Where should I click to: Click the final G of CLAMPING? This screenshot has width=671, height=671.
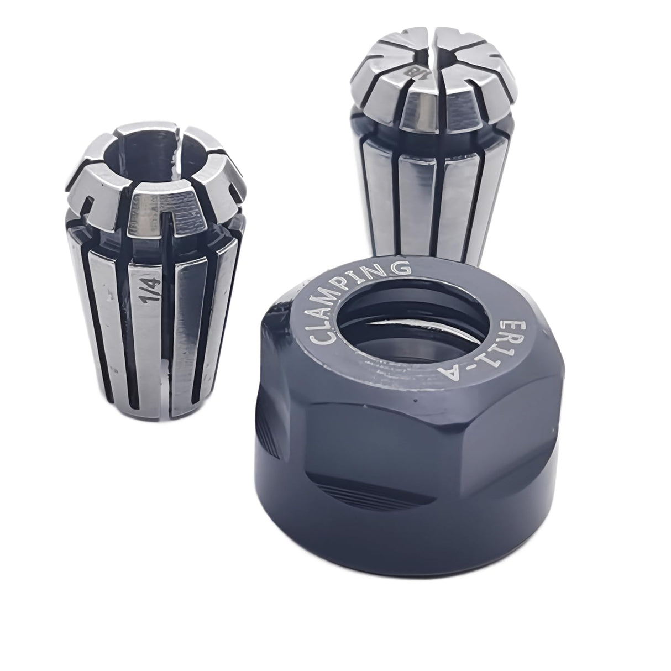point(402,268)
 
